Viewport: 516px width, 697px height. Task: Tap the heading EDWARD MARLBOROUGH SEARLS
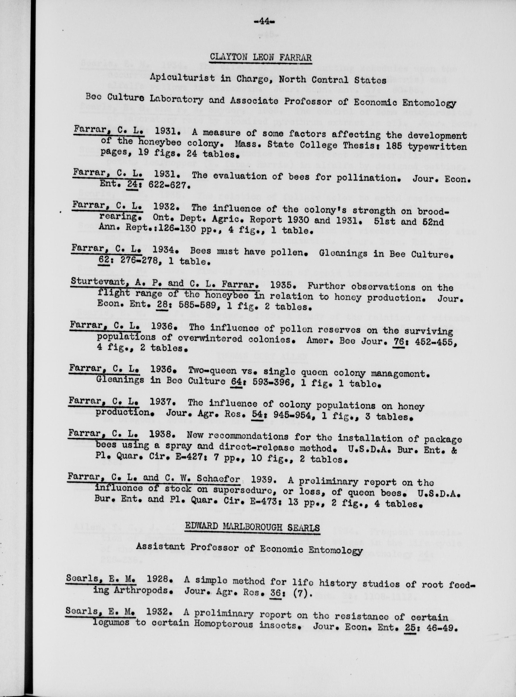tap(252, 527)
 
